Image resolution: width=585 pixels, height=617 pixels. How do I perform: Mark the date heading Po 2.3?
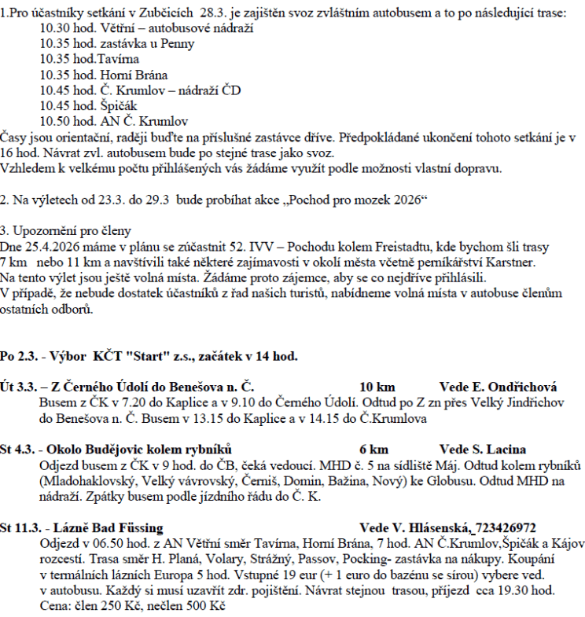coord(17,356)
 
